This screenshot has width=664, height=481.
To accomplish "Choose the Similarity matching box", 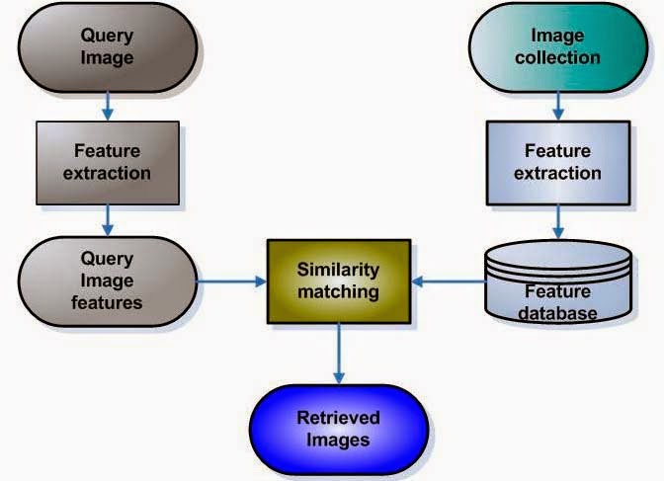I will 337,281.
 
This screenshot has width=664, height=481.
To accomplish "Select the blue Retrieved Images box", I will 337,429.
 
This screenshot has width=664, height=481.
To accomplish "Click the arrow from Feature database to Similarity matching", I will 447,281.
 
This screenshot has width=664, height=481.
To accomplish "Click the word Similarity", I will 337,270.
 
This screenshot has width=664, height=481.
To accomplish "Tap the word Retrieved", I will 337,418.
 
